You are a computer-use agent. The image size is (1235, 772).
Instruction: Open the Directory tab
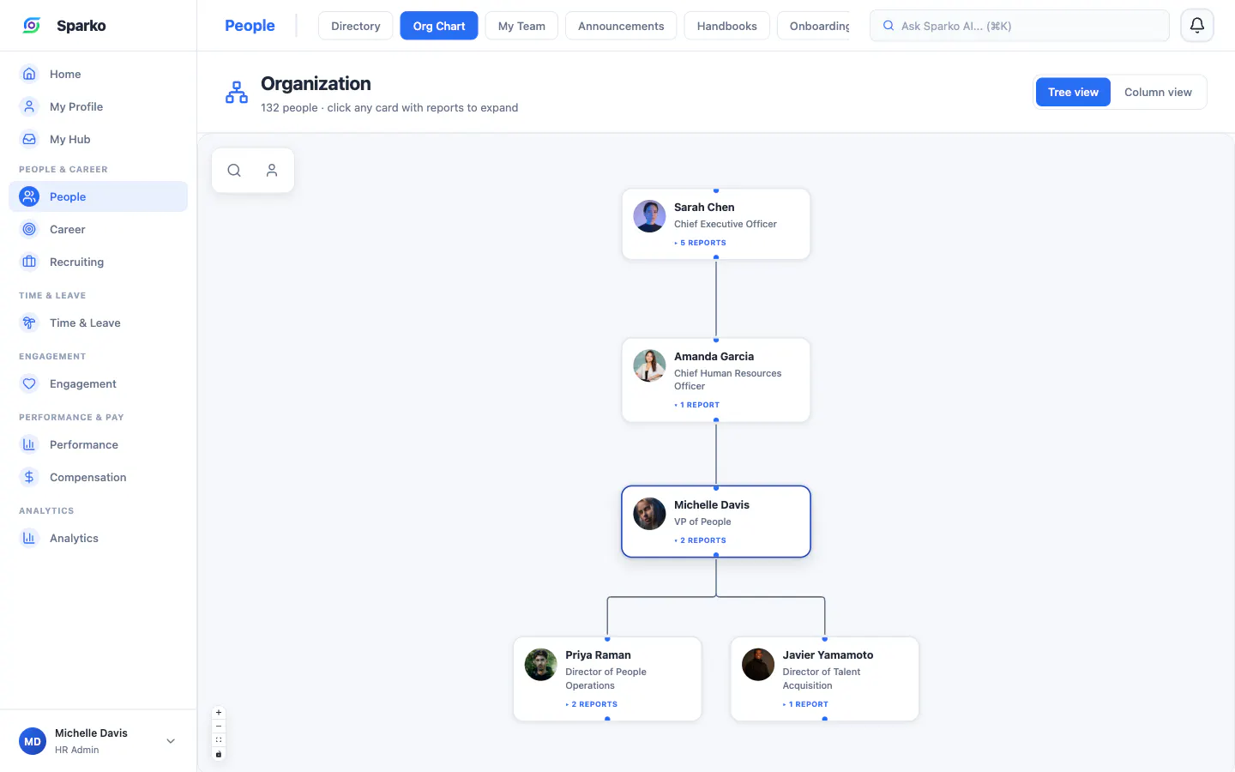[x=356, y=26]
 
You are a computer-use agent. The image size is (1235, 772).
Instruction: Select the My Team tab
[x=521, y=26]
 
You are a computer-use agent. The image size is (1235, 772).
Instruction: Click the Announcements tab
[x=621, y=26]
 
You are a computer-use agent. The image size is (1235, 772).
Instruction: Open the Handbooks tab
[x=726, y=26]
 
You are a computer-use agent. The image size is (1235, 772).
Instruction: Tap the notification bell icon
[x=1197, y=26]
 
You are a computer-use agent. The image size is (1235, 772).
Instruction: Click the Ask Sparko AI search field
[x=1020, y=26]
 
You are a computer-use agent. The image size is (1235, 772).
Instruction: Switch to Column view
[x=1158, y=92]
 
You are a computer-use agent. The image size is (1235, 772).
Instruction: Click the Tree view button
[x=1073, y=92]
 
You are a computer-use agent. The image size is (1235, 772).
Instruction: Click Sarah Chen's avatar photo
[x=649, y=215]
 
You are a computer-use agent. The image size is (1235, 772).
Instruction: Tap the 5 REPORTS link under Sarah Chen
[x=700, y=243]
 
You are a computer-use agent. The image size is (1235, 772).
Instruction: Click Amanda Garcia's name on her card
[x=714, y=356]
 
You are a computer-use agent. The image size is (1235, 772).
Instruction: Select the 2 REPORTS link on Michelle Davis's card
[x=700, y=540]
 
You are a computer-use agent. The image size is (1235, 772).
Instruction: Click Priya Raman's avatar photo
[x=541, y=664]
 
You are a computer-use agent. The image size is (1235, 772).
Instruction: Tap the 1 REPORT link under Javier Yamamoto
[x=805, y=704]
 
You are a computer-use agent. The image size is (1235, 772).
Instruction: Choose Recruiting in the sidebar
[x=76, y=262]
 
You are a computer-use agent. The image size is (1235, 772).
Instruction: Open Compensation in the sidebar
[x=87, y=477]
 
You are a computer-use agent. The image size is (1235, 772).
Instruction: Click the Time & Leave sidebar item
[x=85, y=323]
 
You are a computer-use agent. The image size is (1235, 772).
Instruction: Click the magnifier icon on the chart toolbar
[x=234, y=171]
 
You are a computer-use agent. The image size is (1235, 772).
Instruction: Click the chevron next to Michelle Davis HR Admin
[x=171, y=741]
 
